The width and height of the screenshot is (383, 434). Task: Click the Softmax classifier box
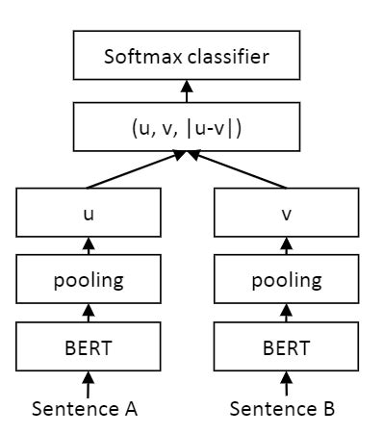pos(187,56)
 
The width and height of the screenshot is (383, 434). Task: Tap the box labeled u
pos(89,214)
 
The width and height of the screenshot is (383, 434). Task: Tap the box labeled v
pos(286,214)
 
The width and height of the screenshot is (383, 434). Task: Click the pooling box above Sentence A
pos(89,281)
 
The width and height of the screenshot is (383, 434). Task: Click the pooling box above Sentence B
pos(286,281)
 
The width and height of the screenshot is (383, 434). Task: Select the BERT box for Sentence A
pos(89,347)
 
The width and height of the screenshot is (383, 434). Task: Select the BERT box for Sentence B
pos(286,347)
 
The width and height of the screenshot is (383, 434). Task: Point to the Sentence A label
pos(85,409)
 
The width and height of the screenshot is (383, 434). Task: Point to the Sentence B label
pos(282,409)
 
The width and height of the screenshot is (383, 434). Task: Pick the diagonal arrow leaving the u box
pos(135,170)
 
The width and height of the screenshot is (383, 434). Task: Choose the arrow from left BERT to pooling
pos(89,315)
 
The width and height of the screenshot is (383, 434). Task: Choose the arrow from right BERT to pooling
pos(286,315)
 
